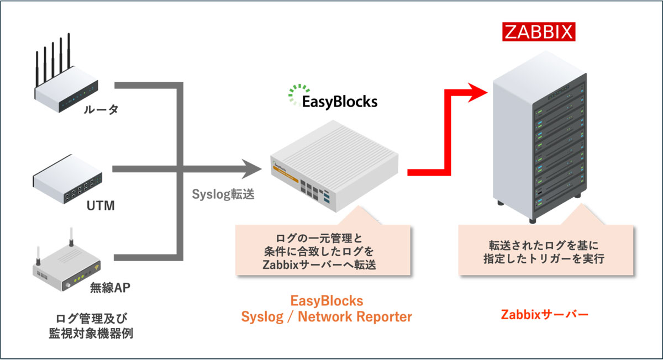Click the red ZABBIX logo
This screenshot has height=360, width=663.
pos(539,31)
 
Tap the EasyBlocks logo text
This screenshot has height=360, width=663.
pos(339,102)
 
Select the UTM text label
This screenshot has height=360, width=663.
pos(102,206)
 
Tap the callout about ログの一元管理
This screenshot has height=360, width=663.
pos(323,252)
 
